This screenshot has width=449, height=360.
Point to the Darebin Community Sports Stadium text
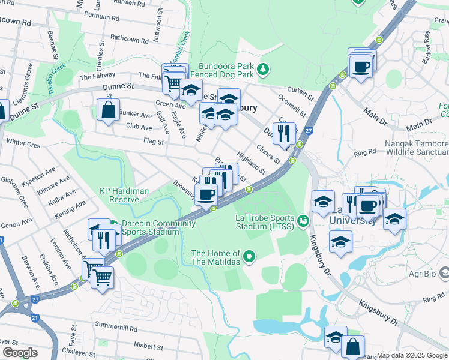point(158,228)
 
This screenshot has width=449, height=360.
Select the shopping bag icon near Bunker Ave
point(108,110)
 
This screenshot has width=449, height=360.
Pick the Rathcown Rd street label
point(133,38)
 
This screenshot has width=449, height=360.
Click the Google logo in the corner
point(20,353)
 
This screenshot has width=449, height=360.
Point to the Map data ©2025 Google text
point(412,355)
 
